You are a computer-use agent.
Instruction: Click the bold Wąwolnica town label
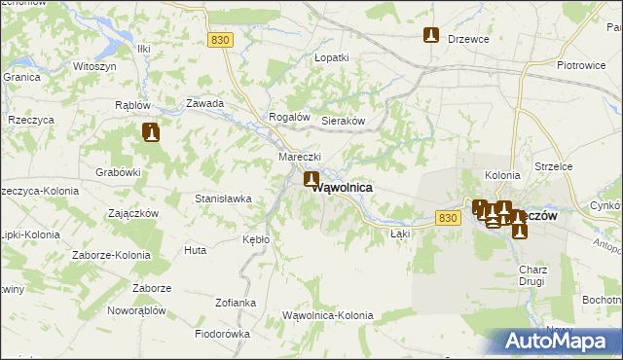point(343,188)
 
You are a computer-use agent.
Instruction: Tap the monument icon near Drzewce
point(431,36)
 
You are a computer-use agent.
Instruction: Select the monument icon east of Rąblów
point(150,131)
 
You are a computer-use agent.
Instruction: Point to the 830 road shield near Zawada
point(221,39)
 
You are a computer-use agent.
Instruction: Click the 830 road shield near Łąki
point(447,218)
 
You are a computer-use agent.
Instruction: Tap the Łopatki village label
point(331,58)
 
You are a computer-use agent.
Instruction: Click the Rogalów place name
point(289,117)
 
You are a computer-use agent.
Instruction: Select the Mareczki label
point(299,158)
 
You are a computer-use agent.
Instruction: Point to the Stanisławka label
point(223,198)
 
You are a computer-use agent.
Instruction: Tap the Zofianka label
point(236,303)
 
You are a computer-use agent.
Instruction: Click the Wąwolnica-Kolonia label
point(327,315)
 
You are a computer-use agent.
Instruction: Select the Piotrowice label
point(581,66)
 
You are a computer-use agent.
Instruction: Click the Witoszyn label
point(95,66)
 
